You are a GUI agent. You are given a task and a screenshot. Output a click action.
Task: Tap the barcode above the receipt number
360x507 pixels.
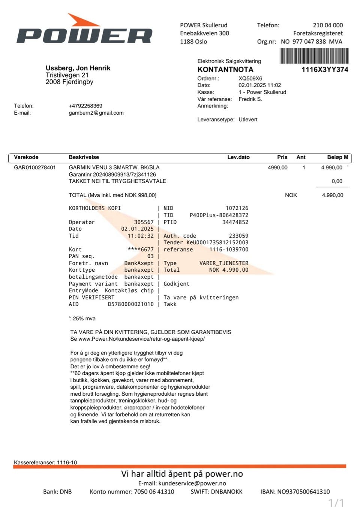[x=314, y=55]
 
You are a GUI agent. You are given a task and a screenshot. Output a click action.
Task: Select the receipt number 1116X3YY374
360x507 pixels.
[x=325, y=70]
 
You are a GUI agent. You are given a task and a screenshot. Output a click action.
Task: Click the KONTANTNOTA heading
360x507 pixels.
[x=225, y=70]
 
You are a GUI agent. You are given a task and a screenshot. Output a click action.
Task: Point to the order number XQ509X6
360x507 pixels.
[x=250, y=79]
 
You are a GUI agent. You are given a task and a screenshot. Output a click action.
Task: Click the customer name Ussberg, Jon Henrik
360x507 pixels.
[x=78, y=68]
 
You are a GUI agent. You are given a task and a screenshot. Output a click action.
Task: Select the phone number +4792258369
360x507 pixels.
[x=85, y=106]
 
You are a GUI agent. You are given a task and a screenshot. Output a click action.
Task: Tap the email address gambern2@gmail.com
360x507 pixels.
[x=96, y=113]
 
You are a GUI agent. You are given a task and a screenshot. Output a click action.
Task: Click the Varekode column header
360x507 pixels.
[x=26, y=157]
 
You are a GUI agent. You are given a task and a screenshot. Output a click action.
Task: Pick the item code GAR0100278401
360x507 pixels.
[x=35, y=168]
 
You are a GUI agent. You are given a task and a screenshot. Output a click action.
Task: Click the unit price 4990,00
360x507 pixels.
[x=277, y=168]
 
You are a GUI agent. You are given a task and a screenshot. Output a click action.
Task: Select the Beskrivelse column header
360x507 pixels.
[x=84, y=157]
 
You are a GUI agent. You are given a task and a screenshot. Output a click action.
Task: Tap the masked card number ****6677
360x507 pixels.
[x=141, y=250]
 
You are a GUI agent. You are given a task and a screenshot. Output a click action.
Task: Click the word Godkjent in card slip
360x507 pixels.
[x=176, y=284]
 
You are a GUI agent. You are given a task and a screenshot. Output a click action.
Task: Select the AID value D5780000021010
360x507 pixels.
[x=130, y=304]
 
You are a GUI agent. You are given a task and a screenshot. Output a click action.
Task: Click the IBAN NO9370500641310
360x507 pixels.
[x=303, y=492]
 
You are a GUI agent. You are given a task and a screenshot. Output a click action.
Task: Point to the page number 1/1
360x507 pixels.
[x=336, y=503]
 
